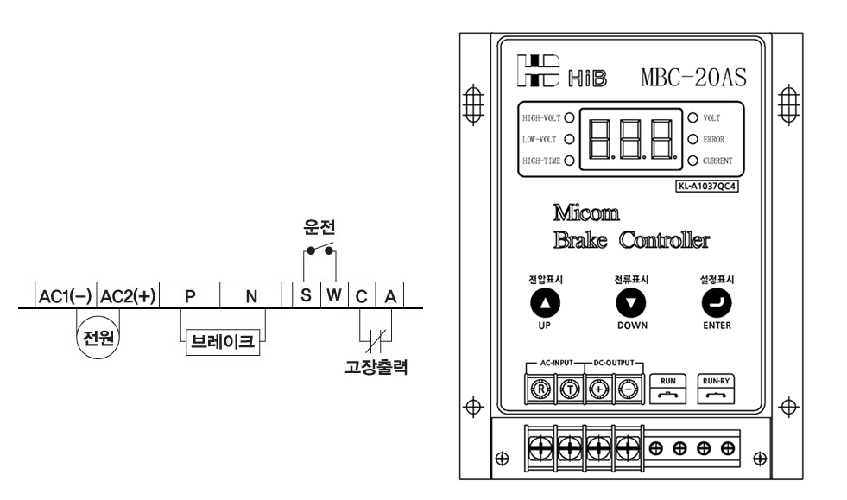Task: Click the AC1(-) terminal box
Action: [x=65, y=295]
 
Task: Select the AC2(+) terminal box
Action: [x=128, y=295]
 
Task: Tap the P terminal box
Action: [x=190, y=295]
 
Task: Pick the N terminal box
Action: [x=251, y=295]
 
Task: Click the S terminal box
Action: [x=306, y=295]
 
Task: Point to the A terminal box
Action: [x=390, y=295]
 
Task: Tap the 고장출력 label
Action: [x=376, y=366]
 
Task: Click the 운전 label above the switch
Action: [x=319, y=227]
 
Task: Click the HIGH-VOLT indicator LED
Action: [x=569, y=118]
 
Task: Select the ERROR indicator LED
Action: [x=693, y=138]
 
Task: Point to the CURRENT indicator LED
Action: [x=693, y=160]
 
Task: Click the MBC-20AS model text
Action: [x=694, y=76]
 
